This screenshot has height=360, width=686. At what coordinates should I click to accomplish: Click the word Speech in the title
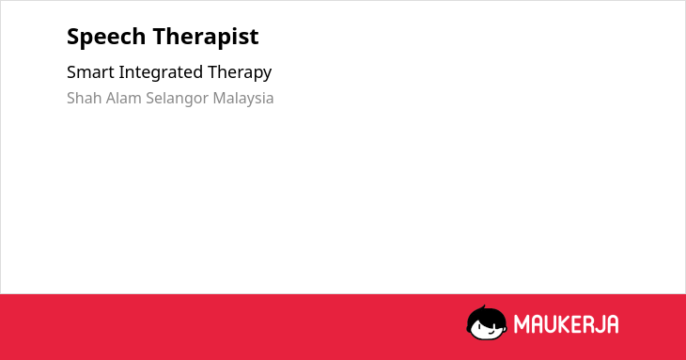(106, 38)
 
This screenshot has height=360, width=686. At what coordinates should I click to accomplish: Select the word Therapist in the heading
(206, 38)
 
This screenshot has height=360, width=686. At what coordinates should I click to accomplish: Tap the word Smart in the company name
(90, 72)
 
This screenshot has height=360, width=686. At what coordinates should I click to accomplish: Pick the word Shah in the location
(85, 98)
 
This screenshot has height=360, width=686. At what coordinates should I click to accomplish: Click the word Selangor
(177, 99)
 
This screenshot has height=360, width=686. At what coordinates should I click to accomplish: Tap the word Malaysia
(243, 99)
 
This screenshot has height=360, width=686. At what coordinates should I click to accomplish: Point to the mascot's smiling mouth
(491, 332)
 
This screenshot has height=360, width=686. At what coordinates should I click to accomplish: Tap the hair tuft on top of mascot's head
(483, 307)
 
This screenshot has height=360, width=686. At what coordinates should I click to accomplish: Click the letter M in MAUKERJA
(522, 324)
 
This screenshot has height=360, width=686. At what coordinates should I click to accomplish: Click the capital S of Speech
(73, 37)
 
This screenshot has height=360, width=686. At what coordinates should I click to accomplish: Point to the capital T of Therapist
(160, 37)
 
